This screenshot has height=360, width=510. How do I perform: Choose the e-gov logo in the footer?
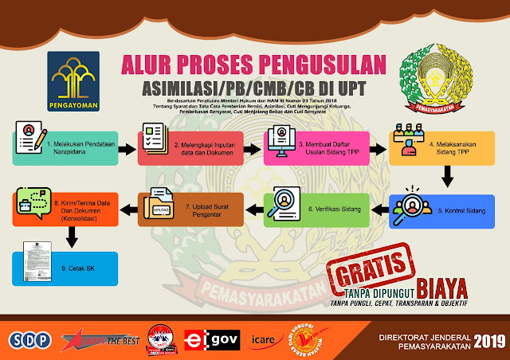tap(203, 340)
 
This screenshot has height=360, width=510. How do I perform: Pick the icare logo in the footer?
tap(262, 340)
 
